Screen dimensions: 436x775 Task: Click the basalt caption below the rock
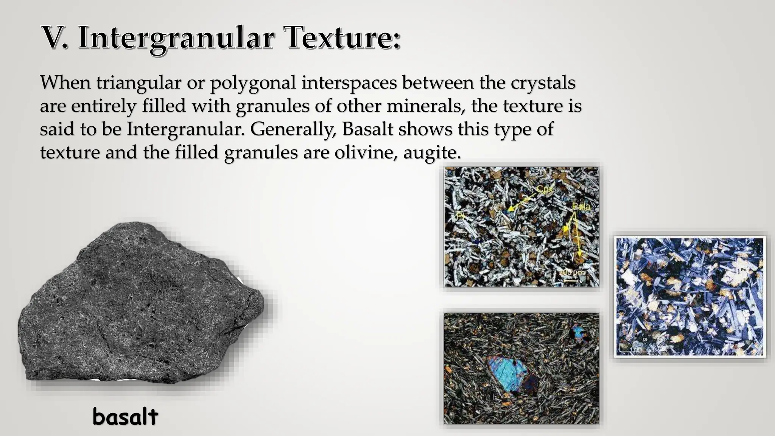(x=125, y=417)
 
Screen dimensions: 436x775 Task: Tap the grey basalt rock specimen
(x=140, y=303)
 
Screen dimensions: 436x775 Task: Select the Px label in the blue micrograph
(x=743, y=270)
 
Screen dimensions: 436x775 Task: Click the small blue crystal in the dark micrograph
(x=578, y=332)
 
